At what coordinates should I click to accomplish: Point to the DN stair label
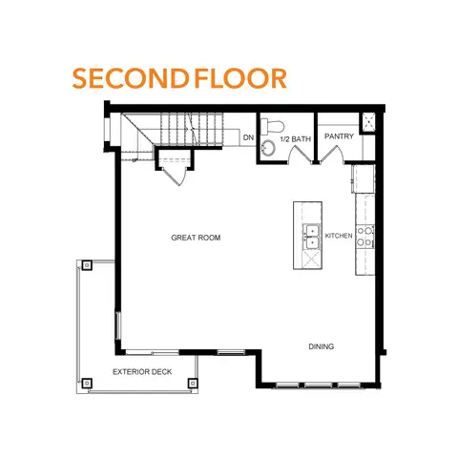248,138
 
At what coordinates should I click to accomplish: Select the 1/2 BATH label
295,139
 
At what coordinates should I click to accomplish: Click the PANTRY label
339,136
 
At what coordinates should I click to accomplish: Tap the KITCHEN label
339,235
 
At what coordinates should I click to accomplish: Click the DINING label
321,346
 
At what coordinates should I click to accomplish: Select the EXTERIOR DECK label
142,371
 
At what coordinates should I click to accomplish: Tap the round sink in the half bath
268,147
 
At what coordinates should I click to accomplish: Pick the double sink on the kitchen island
311,237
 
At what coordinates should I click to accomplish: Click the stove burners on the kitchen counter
364,240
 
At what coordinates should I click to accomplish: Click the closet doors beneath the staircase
172,174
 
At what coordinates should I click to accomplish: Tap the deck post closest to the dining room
195,383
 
